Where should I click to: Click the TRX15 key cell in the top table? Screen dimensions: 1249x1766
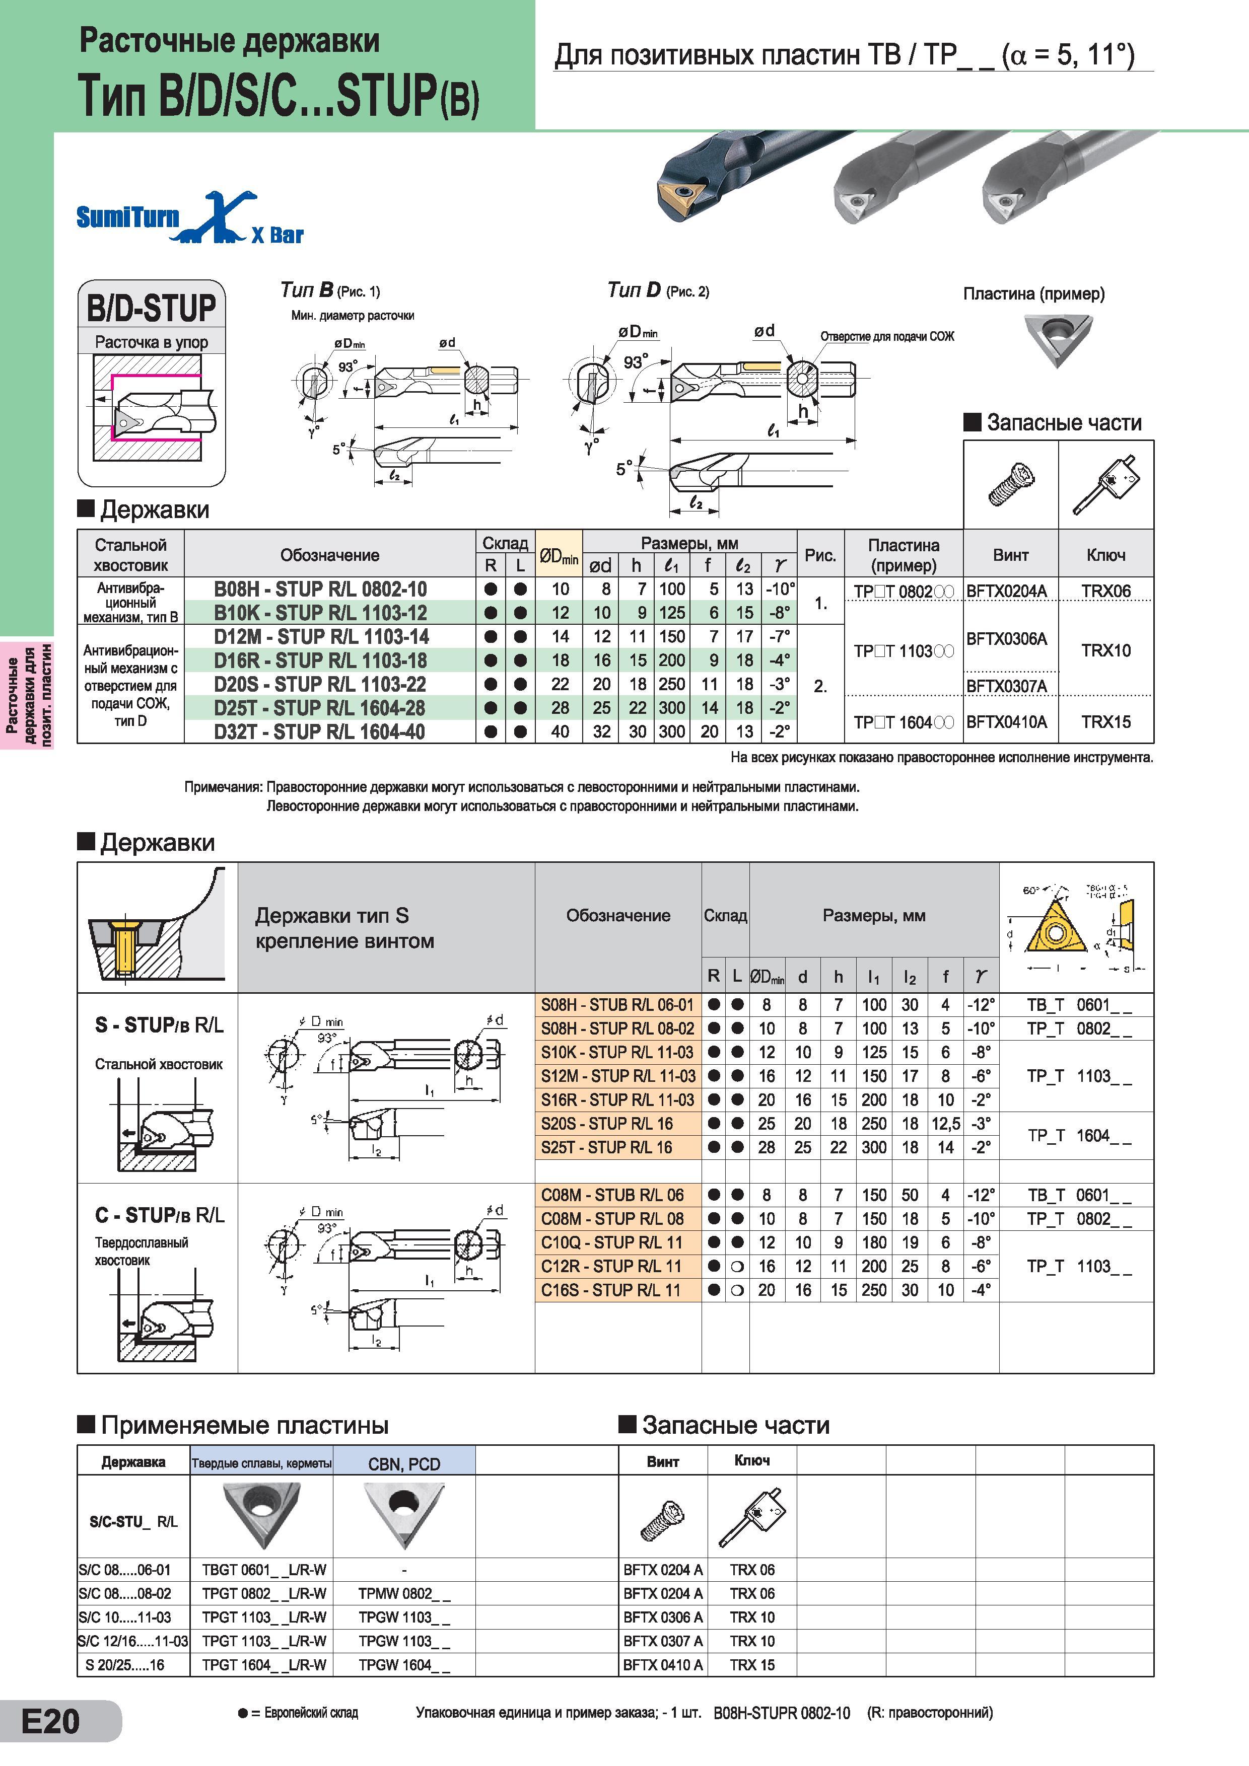coord(1106,721)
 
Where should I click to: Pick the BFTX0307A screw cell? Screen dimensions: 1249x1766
coord(1007,685)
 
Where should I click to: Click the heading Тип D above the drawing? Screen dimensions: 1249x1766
coord(634,290)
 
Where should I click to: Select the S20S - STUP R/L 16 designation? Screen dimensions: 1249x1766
coord(607,1124)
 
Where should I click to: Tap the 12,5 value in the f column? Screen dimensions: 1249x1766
coord(946,1124)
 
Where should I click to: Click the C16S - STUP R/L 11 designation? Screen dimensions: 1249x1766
coord(611,1290)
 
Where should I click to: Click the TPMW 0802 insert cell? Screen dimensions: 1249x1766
coord(404,1594)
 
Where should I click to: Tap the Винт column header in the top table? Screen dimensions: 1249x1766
coord(1010,555)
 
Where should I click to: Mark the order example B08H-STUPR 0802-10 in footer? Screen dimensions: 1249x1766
coord(782,1713)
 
